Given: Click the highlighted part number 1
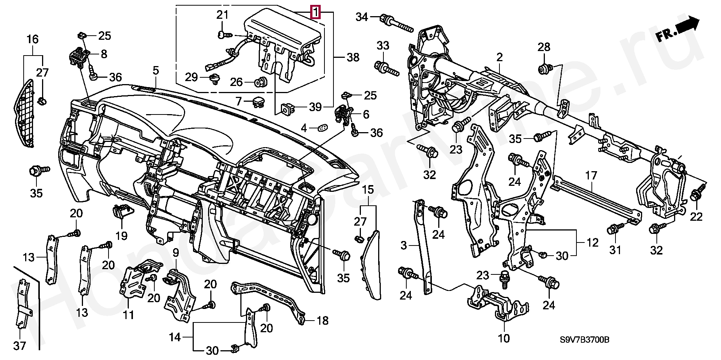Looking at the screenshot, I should point(315,12).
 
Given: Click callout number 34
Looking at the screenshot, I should point(362,17).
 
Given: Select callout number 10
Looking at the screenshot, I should point(503,338).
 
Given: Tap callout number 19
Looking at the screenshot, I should point(121,235).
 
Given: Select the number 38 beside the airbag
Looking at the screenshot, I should point(353,57).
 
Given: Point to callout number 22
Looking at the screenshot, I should point(696,217).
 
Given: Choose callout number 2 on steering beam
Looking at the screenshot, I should point(499,57).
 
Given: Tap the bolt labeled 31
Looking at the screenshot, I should point(615,229).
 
